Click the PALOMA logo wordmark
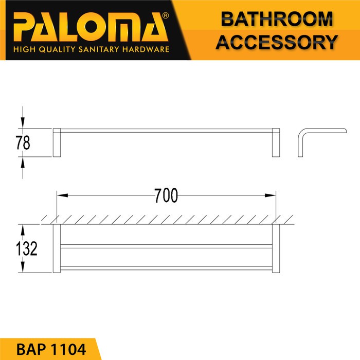91,27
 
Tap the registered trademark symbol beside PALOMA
165,15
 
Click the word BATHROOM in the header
277,19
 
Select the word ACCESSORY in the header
277,42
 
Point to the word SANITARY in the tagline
99,49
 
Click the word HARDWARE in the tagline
146,49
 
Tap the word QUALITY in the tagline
57,49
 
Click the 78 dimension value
23,142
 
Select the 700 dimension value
166,195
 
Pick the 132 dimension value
27,248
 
